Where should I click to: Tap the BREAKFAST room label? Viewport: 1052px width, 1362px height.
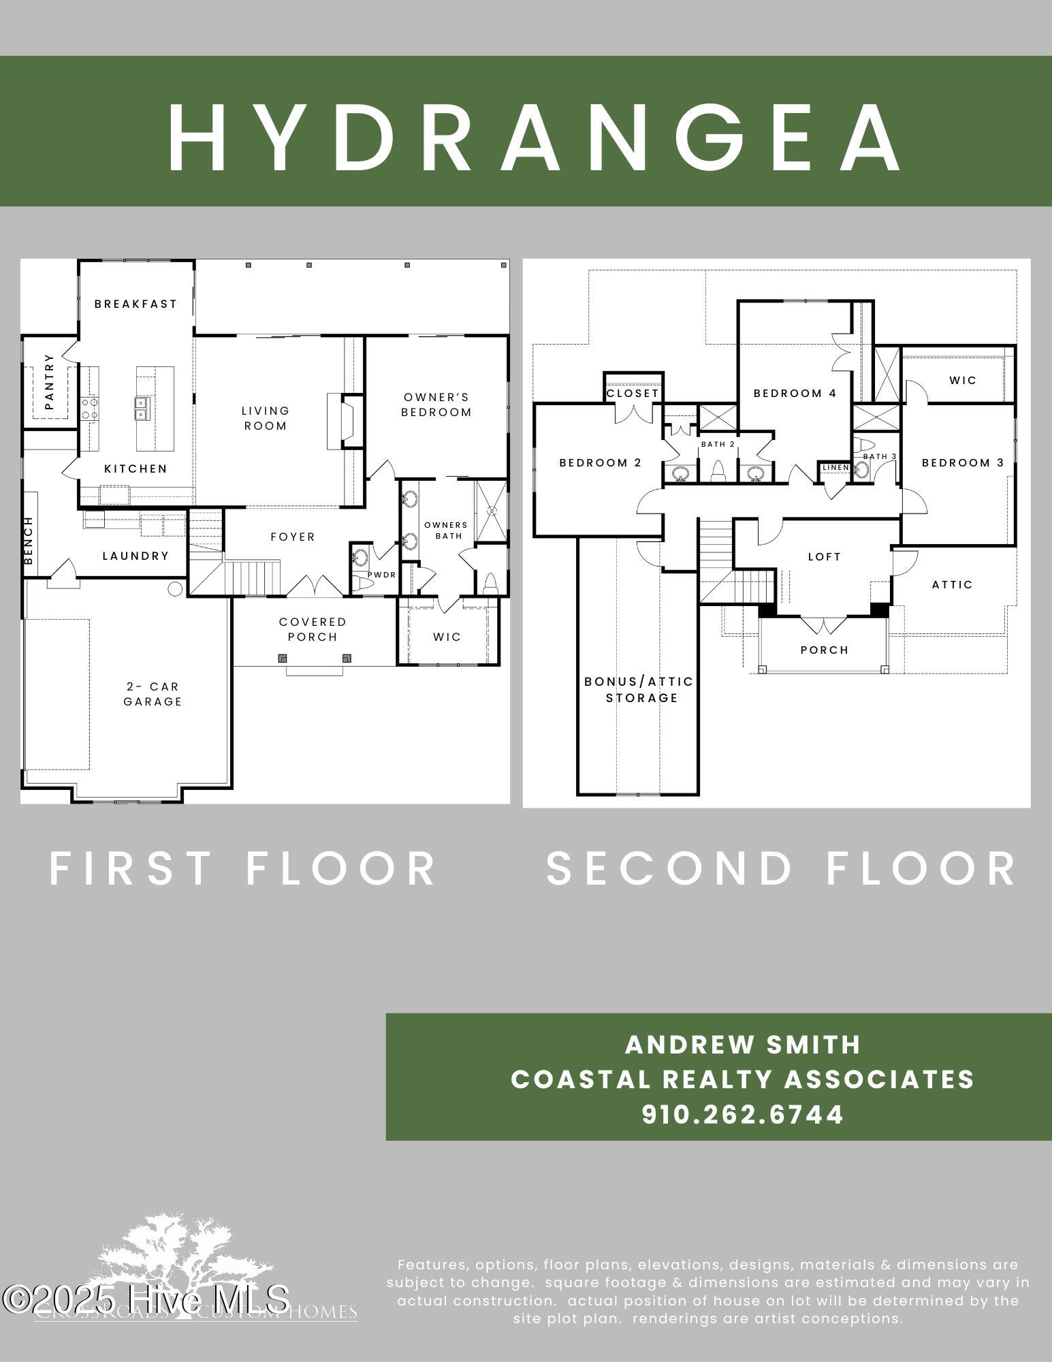[136, 304]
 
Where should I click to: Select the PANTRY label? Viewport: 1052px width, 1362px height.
[49, 391]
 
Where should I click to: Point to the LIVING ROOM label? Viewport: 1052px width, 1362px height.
[266, 418]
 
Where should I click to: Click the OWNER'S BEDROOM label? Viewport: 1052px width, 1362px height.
[436, 405]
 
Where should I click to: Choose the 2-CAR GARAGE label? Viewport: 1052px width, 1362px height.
[153, 694]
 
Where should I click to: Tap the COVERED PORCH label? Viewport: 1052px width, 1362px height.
[313, 629]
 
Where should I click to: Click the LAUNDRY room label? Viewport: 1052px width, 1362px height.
[136, 556]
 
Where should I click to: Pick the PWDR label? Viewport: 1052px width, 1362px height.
[382, 575]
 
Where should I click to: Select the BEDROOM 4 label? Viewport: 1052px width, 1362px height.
[795, 393]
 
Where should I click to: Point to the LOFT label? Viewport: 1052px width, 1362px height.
[824, 556]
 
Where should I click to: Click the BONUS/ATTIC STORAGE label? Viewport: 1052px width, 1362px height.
[639, 689]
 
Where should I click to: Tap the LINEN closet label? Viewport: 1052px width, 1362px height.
[835, 467]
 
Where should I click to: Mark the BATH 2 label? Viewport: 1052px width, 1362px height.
[718, 444]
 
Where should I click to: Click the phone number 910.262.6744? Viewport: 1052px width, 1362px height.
[743, 1115]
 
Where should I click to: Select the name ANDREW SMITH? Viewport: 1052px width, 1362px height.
[743, 1045]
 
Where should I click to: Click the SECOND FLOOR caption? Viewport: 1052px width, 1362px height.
[782, 868]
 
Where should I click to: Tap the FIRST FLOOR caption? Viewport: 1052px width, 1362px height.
[242, 868]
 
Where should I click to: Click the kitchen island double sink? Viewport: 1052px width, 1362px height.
[141, 408]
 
